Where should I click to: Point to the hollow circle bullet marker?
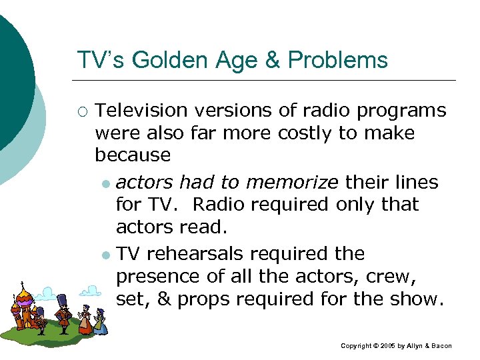tap(83, 111)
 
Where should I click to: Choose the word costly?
tap(305, 133)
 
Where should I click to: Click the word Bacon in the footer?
tap(441, 346)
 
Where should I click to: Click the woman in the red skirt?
tap(85, 321)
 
